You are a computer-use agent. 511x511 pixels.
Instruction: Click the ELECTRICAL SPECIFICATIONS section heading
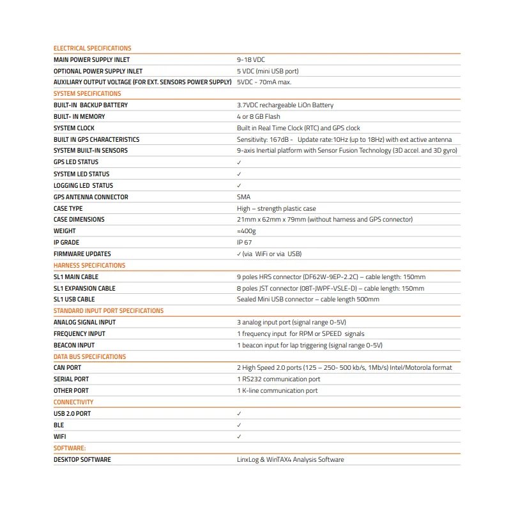tap(92, 48)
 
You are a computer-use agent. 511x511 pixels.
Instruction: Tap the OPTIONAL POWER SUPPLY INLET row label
tap(98, 71)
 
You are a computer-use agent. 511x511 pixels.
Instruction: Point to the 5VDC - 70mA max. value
tap(264, 82)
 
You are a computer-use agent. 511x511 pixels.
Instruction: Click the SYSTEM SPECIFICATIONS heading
tap(87, 94)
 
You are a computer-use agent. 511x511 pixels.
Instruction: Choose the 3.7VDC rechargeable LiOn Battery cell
tap(285, 105)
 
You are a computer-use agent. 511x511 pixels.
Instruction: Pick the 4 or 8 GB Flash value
tap(258, 117)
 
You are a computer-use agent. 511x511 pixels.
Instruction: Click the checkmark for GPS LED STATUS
tap(239, 163)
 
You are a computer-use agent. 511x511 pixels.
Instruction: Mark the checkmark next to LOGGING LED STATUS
tap(239, 186)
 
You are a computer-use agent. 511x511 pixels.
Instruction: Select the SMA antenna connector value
tap(243, 197)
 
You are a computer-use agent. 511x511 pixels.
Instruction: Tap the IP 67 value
tap(244, 243)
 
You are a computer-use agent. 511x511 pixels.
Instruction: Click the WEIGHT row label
tap(65, 231)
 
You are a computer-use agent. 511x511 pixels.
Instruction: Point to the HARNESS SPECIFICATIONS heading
tap(89, 266)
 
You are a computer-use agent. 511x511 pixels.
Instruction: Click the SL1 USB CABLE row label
tap(74, 300)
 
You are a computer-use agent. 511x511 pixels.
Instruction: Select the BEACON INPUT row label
tap(74, 346)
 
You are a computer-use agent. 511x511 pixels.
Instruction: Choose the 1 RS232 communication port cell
tap(278, 379)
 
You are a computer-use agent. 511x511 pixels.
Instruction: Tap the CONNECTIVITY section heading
tap(73, 402)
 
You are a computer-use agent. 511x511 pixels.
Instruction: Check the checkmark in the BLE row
tap(239, 425)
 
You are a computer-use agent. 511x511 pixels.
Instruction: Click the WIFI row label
tap(60, 437)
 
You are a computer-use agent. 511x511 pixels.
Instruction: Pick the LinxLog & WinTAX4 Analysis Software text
tap(290, 460)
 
